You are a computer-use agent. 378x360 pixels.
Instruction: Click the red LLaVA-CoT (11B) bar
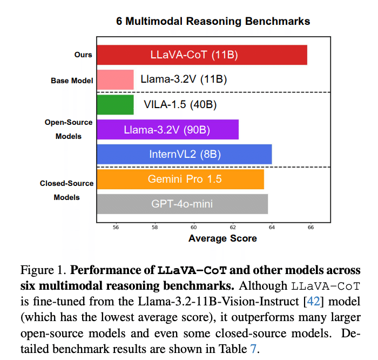click(201, 55)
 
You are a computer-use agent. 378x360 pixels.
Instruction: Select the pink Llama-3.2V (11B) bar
click(115, 79)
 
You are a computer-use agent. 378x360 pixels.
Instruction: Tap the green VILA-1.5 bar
click(115, 104)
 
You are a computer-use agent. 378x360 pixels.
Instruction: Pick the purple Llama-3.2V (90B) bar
click(167, 129)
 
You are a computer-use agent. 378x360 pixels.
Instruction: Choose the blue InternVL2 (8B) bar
click(184, 154)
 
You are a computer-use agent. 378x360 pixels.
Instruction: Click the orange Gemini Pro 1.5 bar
click(180, 179)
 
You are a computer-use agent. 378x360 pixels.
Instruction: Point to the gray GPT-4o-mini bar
click(182, 204)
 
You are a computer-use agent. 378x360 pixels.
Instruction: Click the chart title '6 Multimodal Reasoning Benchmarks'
click(213, 22)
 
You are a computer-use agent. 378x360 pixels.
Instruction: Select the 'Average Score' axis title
click(222, 238)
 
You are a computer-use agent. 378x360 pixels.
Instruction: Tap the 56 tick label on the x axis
click(116, 228)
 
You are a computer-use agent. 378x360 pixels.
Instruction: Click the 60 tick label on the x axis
click(194, 228)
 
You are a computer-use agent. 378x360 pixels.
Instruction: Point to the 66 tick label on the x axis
click(310, 228)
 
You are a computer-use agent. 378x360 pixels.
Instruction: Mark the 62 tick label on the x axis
click(233, 228)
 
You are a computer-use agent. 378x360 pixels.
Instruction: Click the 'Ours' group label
click(83, 55)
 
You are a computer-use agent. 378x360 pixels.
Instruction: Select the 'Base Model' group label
click(72, 81)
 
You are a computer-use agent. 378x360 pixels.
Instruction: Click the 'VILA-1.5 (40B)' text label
click(180, 104)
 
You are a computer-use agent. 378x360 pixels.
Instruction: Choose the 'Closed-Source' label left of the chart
click(67, 183)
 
